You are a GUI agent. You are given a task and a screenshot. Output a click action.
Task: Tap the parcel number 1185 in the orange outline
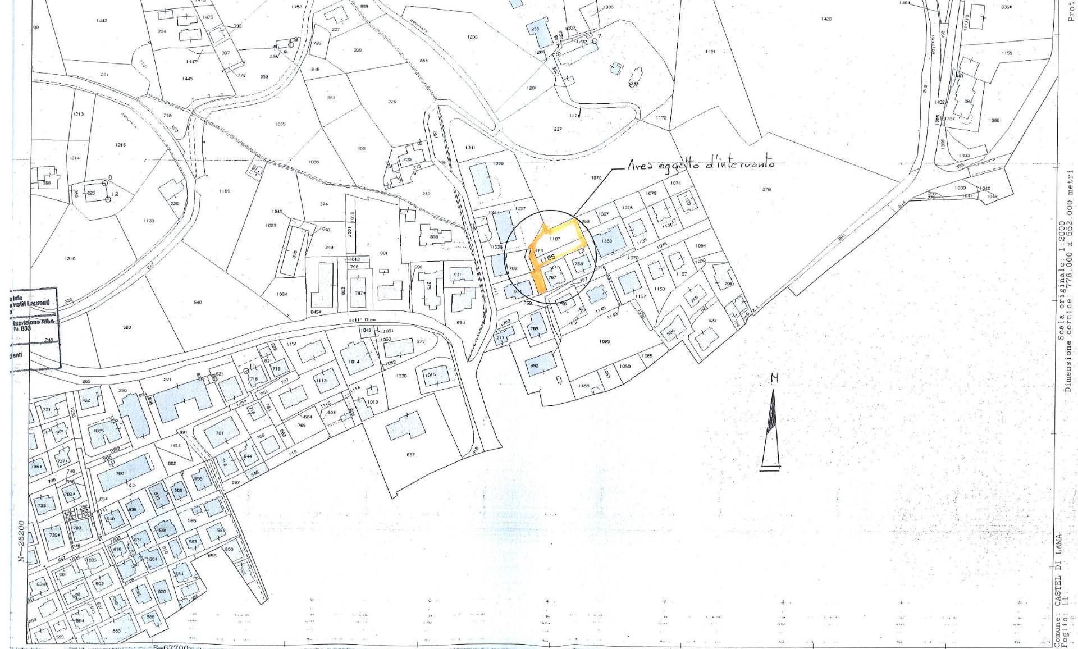(547, 259)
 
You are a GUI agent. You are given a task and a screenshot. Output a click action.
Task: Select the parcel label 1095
(605, 341)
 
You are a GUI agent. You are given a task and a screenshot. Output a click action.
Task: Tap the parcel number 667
(410, 455)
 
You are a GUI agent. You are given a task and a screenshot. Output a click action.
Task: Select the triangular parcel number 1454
(176, 446)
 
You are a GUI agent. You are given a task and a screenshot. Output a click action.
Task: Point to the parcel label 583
(127, 327)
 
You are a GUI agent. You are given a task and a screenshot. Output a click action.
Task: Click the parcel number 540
(197, 303)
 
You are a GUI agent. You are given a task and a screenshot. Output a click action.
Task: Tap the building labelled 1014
(354, 362)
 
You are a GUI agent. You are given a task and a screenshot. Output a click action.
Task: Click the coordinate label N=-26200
(21, 547)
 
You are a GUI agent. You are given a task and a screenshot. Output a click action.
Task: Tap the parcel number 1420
(826, 19)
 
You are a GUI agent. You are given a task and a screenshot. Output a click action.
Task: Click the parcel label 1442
(102, 21)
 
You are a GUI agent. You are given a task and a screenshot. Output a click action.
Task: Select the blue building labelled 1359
(606, 241)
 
